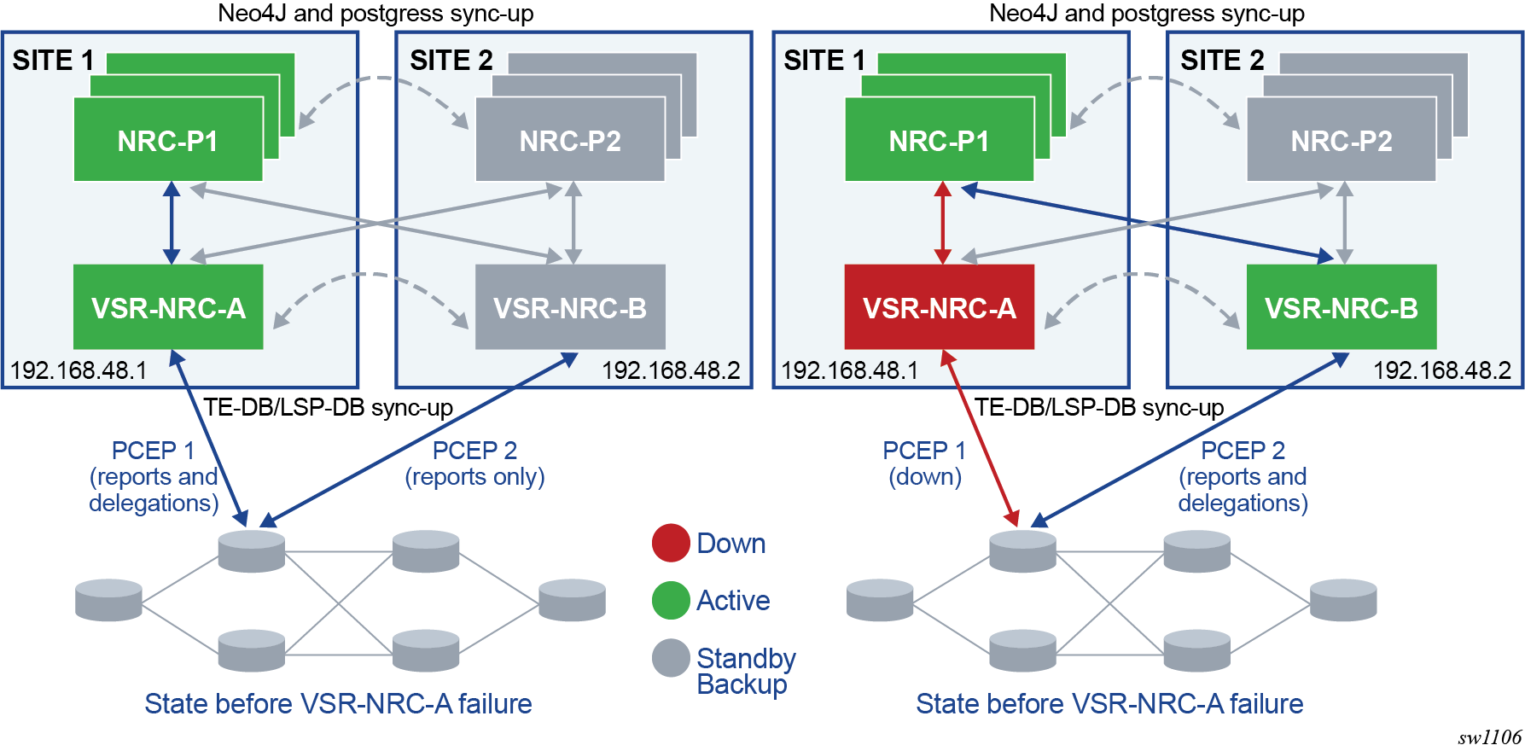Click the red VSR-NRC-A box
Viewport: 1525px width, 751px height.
[x=939, y=307]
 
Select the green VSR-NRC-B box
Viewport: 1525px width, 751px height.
[x=1341, y=307]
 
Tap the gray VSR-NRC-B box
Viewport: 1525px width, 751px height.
[x=570, y=307]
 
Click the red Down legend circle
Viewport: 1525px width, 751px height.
[x=671, y=543]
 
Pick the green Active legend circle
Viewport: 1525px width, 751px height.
[x=671, y=600]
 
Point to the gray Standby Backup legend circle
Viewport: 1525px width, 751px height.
[x=671, y=658]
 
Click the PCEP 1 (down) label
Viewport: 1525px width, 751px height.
[x=925, y=463]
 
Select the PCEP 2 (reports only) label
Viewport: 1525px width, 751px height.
[x=474, y=463]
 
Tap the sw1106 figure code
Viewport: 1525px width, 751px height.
[x=1489, y=737]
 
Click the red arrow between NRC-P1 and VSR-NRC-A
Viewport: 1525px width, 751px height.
[x=942, y=223]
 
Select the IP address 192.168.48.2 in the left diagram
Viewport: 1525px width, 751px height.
[x=671, y=370]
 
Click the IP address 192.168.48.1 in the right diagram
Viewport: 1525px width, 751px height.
[x=849, y=370]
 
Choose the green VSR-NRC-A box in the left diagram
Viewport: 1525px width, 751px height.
[x=168, y=307]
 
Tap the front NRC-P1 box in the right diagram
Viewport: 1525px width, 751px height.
[x=939, y=140]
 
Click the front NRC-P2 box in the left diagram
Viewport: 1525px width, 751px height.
[x=570, y=140]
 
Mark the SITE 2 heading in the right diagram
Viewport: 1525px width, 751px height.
[x=1222, y=61]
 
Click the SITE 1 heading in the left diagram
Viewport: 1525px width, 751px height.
[x=53, y=61]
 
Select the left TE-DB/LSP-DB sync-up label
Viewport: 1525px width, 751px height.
[x=328, y=408]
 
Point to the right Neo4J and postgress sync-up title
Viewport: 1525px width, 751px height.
[x=1146, y=14]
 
